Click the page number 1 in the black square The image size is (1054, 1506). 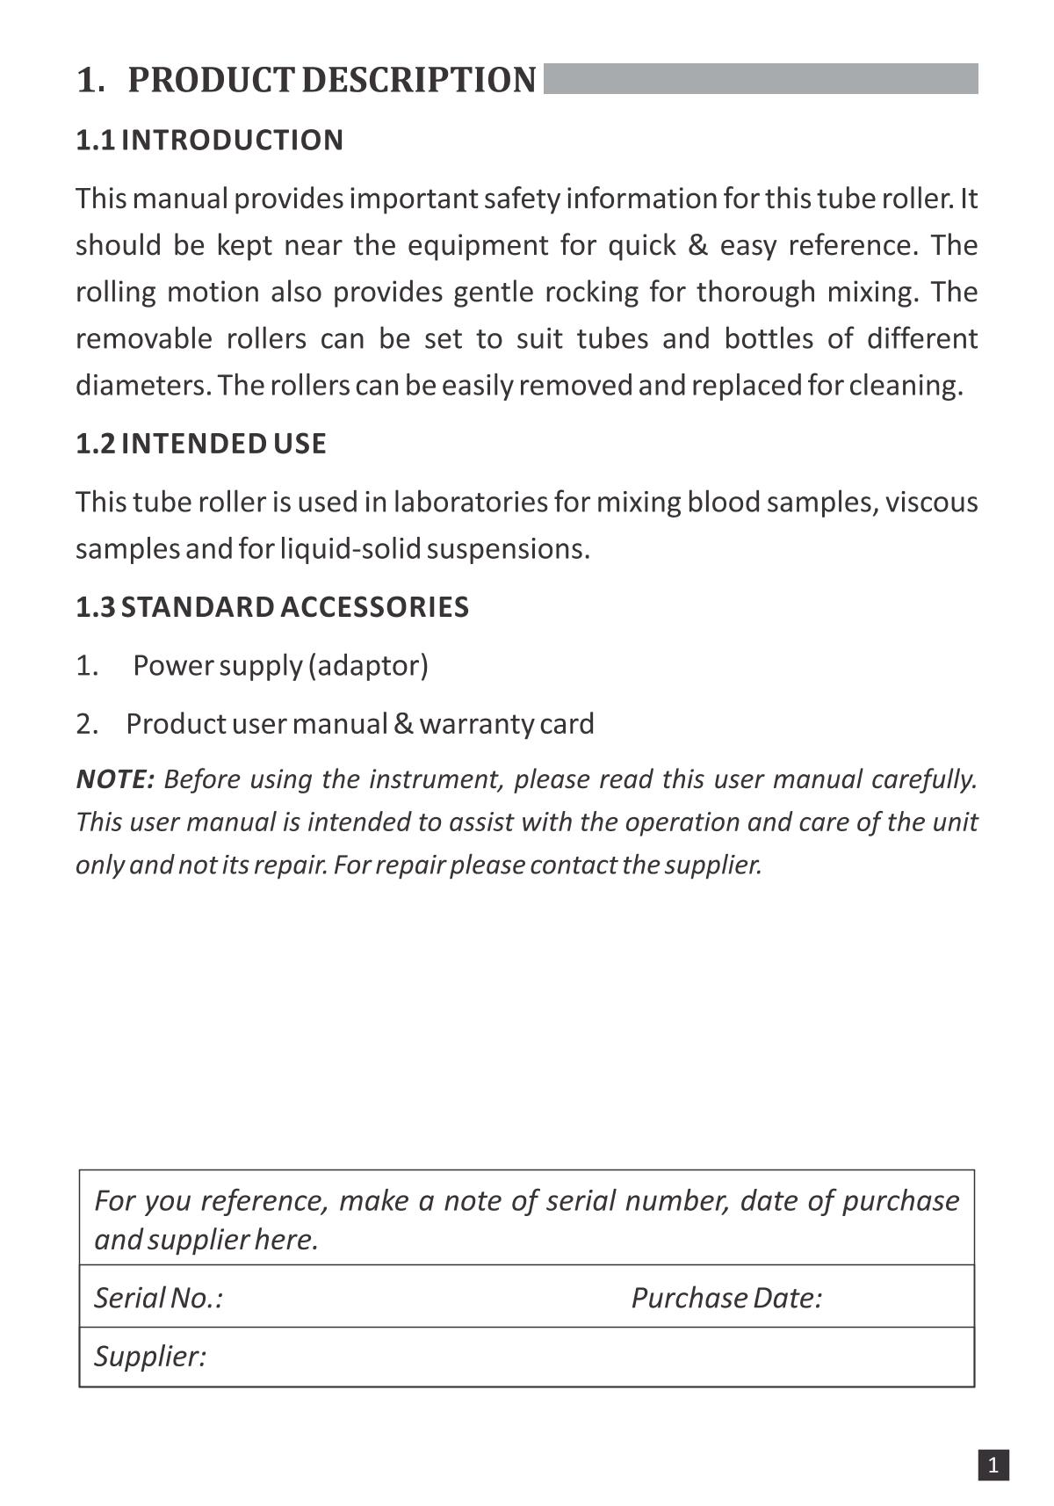click(993, 1465)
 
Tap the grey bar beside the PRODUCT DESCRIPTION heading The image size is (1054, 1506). click(761, 78)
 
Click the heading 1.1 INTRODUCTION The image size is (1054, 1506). click(209, 141)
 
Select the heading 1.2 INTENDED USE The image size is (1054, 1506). click(200, 444)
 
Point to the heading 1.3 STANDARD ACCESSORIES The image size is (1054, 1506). click(271, 607)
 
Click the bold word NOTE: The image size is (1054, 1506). click(115, 779)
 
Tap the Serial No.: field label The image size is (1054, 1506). click(158, 1298)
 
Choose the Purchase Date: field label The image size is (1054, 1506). click(726, 1298)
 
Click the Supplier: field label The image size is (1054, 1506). click(150, 1356)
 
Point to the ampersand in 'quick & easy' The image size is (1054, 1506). click(698, 245)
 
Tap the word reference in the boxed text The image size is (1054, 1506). click(264, 1200)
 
